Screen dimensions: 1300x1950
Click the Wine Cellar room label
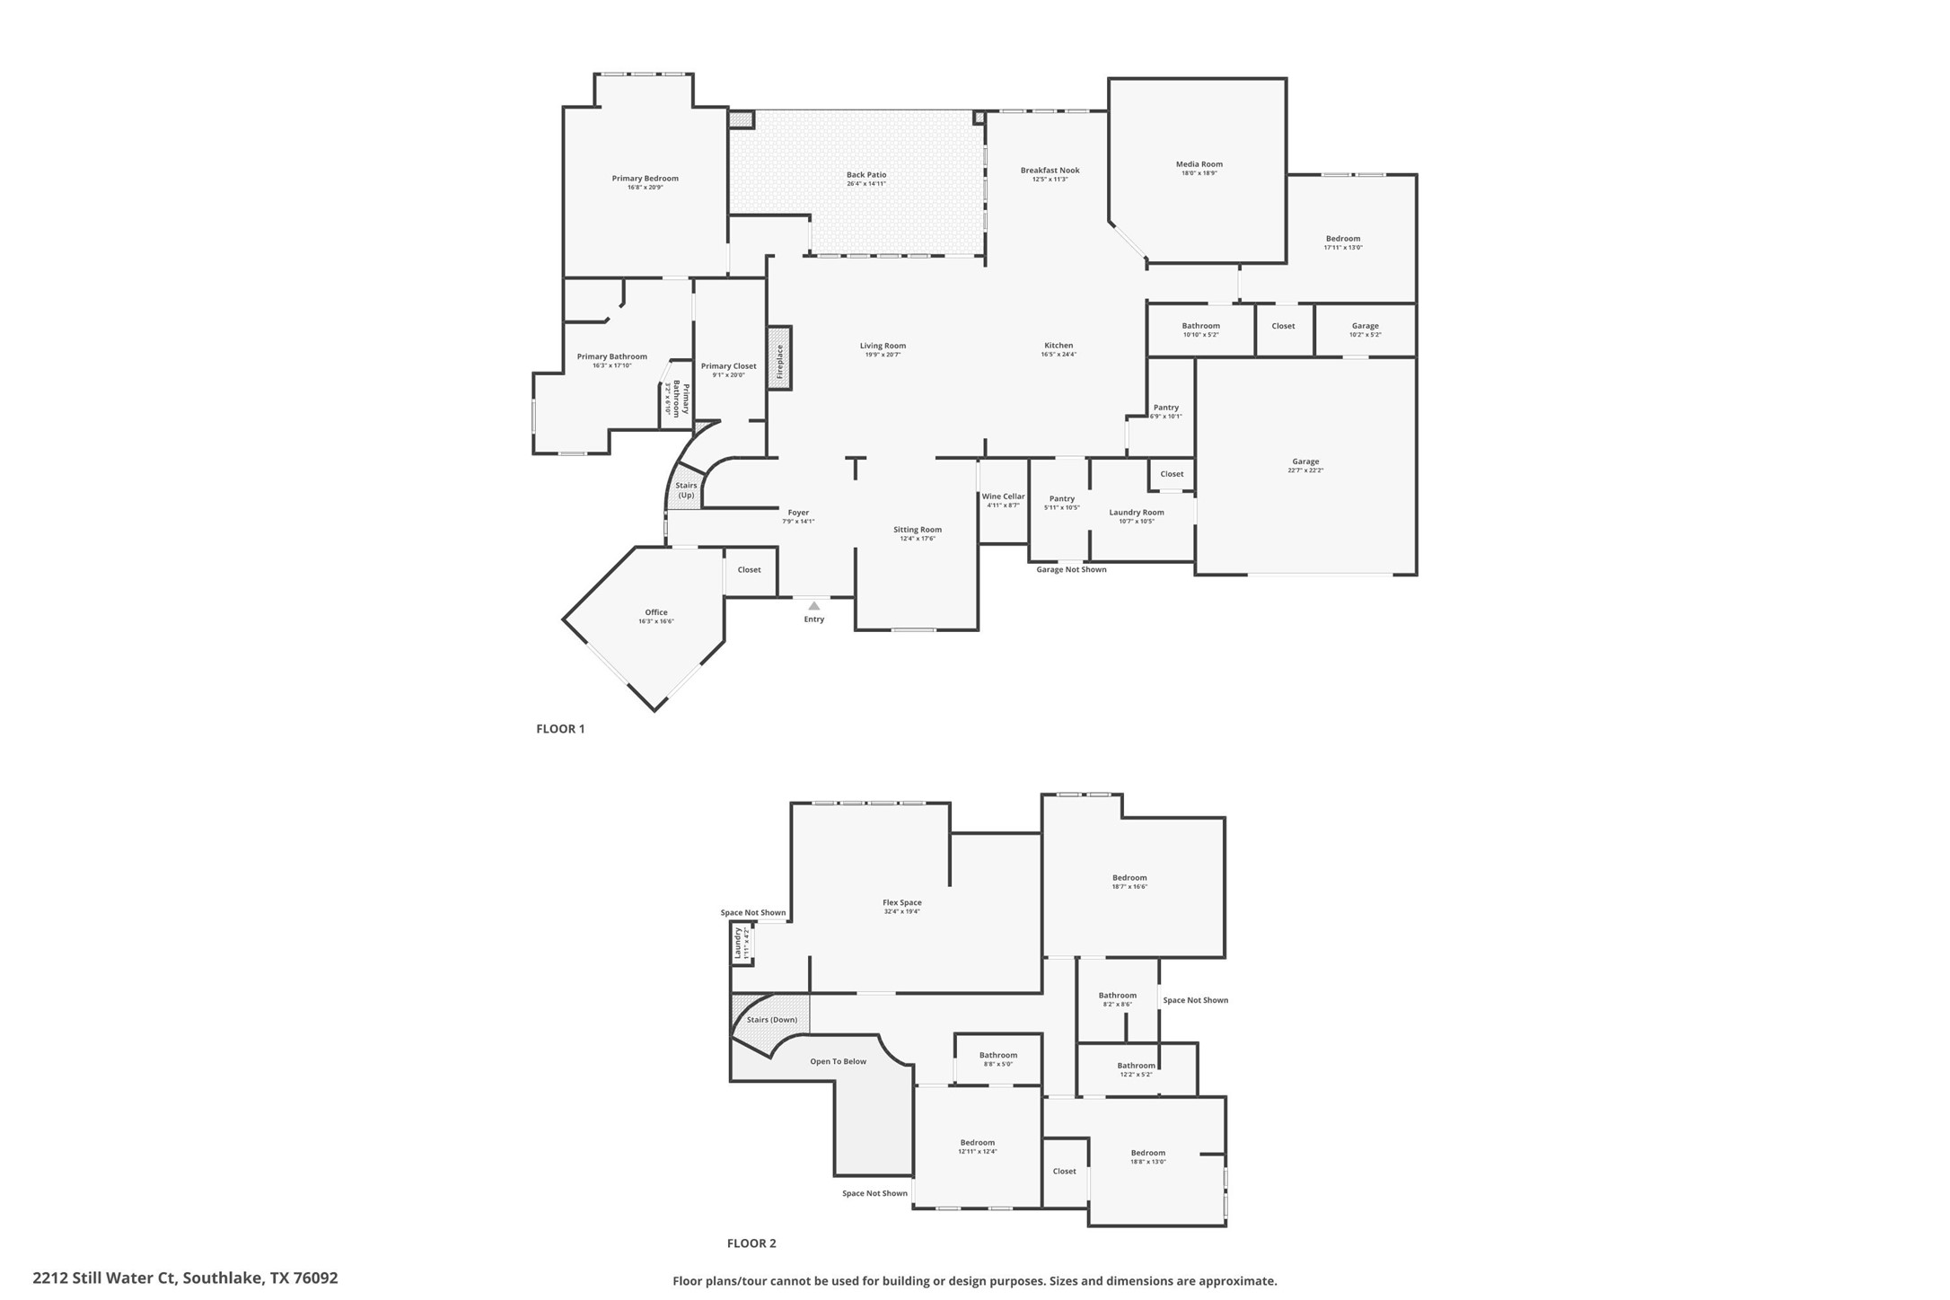1002,496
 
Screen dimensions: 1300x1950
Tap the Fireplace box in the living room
778,357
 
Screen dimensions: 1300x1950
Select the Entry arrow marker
813,606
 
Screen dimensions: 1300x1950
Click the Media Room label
1199,164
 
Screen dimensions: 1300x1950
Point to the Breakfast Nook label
1050,171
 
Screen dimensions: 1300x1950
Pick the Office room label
655,612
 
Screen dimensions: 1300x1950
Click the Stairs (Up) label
686,490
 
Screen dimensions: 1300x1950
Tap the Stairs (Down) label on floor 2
771,1020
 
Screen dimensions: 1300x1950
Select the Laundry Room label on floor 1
1136,513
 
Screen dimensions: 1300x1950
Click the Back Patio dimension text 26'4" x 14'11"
865,184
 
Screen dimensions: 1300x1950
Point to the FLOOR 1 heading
560,729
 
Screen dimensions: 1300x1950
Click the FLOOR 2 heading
751,1243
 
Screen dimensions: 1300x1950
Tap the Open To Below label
838,1061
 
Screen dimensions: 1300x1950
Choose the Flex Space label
901,903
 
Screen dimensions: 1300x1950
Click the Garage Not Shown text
1070,569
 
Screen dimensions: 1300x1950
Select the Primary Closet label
728,366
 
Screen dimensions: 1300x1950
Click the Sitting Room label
917,530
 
